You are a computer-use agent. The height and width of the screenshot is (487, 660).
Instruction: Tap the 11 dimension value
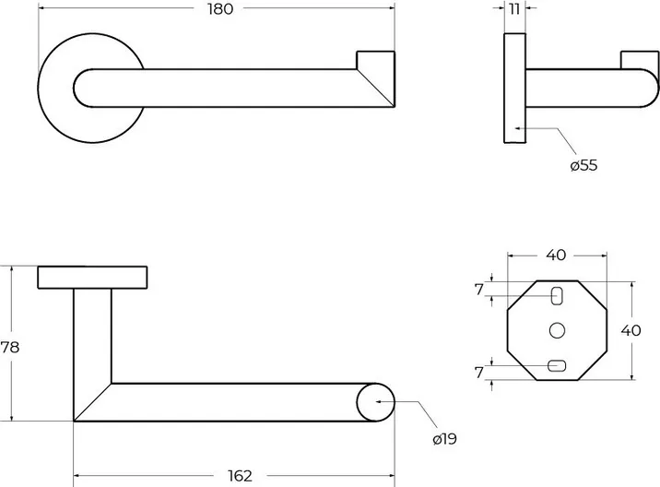pyautogui.click(x=514, y=9)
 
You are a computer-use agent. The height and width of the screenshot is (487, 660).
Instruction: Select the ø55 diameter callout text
pyautogui.click(x=583, y=166)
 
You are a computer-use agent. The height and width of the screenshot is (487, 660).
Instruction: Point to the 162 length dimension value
pyautogui.click(x=239, y=476)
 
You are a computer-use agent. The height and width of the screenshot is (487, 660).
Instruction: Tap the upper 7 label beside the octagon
pyautogui.click(x=479, y=289)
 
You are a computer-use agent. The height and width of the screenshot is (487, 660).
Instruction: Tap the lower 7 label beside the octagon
pyautogui.click(x=479, y=373)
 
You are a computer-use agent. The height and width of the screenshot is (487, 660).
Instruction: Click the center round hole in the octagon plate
pyautogui.click(x=556, y=329)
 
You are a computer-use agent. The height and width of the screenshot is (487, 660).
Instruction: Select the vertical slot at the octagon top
pyautogui.click(x=557, y=295)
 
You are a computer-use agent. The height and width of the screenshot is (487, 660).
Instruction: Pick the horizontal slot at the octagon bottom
pyautogui.click(x=556, y=366)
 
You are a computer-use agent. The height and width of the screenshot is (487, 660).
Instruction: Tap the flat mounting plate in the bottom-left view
pyautogui.click(x=92, y=277)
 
